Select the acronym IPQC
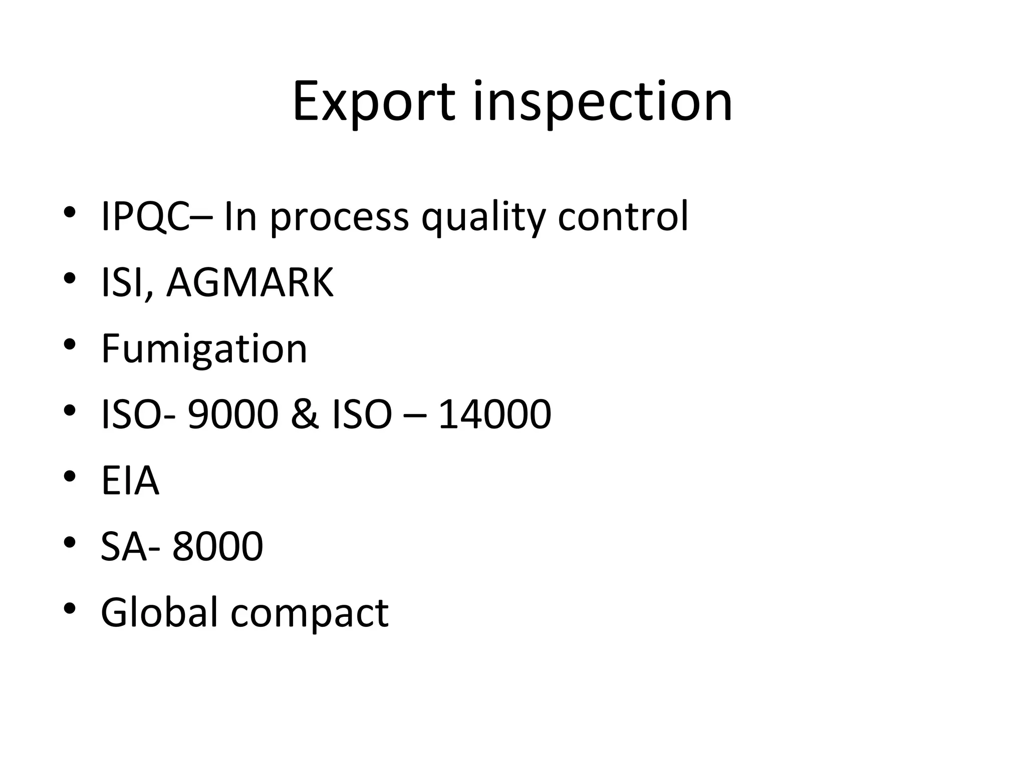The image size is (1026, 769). [x=145, y=217]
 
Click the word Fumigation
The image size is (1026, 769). [x=204, y=350]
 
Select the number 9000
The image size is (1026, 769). [x=232, y=414]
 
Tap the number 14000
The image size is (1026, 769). [x=494, y=414]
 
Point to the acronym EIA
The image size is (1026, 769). [x=130, y=481]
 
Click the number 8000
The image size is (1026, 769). [x=217, y=546]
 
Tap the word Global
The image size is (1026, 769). [x=159, y=612]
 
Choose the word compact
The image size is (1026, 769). [x=309, y=614]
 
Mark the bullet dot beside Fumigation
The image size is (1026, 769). [x=70, y=345]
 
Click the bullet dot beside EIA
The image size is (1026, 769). [x=70, y=476]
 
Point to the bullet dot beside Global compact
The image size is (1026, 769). [x=70, y=608]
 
